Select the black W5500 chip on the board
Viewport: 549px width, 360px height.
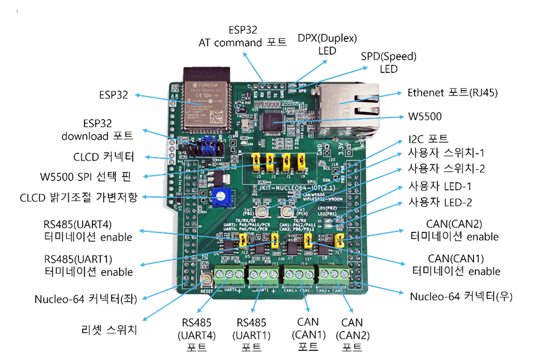click(x=277, y=118)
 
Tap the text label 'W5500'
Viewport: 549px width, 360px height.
click(x=426, y=117)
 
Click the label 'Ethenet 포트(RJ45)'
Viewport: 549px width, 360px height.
click(x=452, y=93)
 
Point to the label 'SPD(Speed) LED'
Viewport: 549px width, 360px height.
click(x=389, y=63)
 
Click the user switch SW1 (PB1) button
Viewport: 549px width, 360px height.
click(x=263, y=211)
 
